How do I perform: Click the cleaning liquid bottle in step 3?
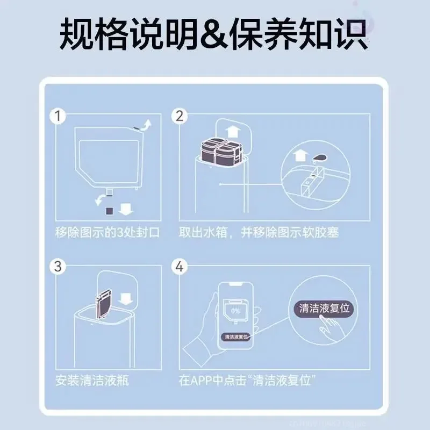click(x=103, y=304)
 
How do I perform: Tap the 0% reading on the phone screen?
click(x=235, y=310)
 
